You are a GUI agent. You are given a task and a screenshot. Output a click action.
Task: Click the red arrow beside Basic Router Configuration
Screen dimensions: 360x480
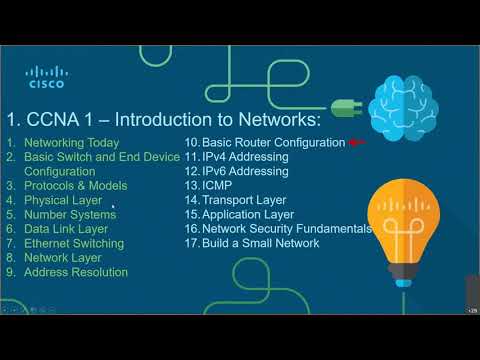354,142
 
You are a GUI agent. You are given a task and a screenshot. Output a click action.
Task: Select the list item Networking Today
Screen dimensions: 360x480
71,143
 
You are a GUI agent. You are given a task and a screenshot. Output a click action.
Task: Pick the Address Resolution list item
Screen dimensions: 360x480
76,272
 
